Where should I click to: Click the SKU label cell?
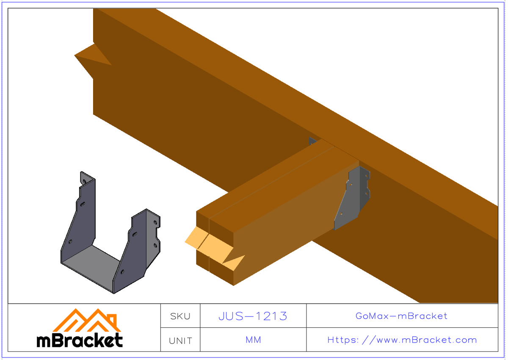180,316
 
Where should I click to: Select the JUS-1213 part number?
253,316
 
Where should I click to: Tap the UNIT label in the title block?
180,341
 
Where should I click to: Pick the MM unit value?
253,340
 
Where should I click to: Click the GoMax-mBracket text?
401,316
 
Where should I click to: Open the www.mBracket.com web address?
402,340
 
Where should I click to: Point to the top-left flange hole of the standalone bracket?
84,181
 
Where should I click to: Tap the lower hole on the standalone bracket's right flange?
155,245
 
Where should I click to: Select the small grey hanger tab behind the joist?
312,141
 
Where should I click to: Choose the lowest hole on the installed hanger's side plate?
340,214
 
